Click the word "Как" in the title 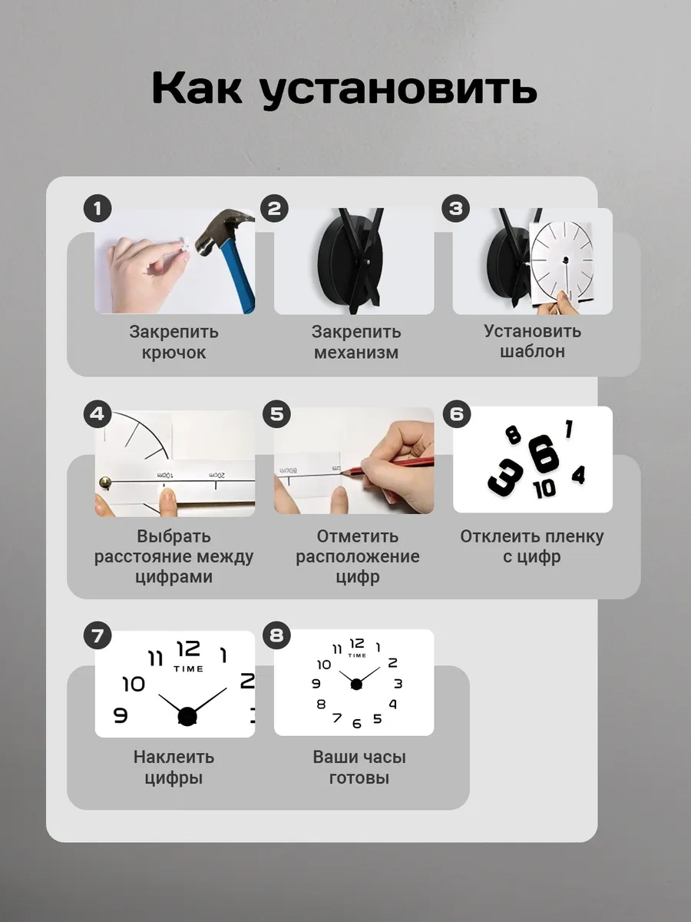click(197, 90)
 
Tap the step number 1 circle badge click(98, 208)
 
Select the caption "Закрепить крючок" click(174, 342)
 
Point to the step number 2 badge click(275, 208)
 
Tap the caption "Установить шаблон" click(532, 341)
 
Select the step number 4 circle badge click(97, 414)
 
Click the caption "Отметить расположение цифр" click(357, 556)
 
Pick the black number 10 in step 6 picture click(544, 489)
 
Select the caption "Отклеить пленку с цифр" click(532, 546)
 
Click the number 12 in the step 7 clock click(188, 650)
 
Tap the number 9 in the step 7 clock click(121, 715)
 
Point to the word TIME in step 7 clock click(188, 668)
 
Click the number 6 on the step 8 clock click(356, 724)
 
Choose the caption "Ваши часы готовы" click(359, 767)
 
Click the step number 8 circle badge click(276, 635)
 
